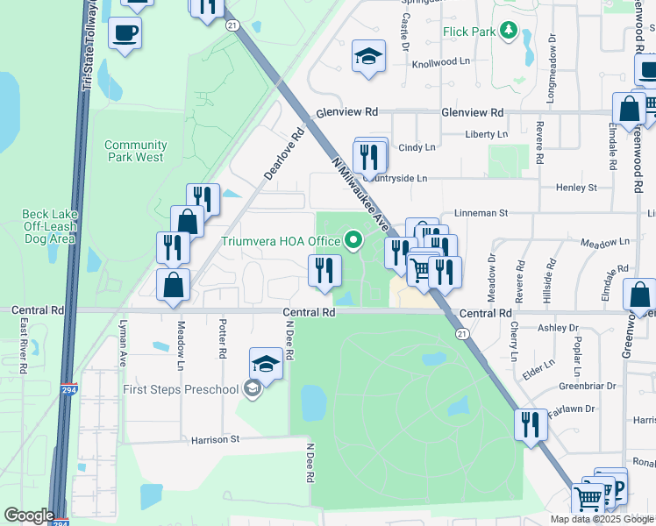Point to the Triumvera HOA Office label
pos(281,241)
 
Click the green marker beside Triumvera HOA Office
pos(353,238)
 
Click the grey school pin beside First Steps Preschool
pos(253,389)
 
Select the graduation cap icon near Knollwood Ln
pos(369,57)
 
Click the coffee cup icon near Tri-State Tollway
pos(125,33)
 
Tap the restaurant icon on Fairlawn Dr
pos(531,426)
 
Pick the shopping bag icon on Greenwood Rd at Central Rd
pos(640,294)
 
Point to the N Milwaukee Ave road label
pos(361,194)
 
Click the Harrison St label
pos(210,439)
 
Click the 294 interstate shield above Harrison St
pos(68,391)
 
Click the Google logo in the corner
pos(29,515)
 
